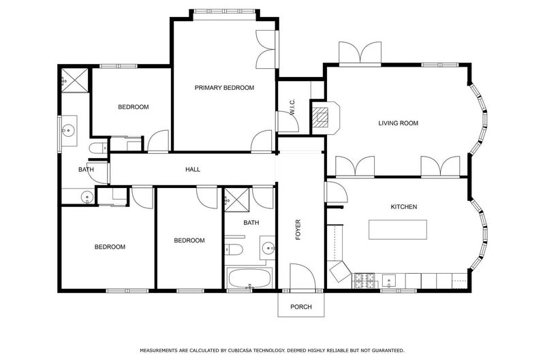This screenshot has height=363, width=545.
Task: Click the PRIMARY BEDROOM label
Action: point(224,88)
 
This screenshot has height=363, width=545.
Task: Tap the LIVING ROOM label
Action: point(398,123)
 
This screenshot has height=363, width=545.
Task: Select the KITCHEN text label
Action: point(403,206)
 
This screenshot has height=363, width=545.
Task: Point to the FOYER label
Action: point(298,230)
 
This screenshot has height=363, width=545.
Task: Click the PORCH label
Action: point(301,306)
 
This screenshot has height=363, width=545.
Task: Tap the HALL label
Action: point(193,169)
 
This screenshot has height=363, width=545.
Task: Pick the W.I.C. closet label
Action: point(292,108)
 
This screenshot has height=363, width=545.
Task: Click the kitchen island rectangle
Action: point(398,230)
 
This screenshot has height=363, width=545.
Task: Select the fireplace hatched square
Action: point(320,116)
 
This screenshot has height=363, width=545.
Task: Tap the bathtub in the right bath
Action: point(249,278)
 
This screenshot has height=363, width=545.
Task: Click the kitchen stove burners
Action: point(364,281)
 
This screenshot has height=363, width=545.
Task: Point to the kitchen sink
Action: point(388,281)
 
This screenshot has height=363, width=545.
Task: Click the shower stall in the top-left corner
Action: point(75,80)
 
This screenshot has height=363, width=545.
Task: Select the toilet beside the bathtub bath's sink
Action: point(232,249)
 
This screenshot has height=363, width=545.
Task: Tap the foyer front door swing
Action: point(302,276)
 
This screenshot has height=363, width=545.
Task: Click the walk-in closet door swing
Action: point(287,121)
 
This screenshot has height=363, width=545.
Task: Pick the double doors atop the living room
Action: point(360,54)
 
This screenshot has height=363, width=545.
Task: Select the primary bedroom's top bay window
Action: point(225,12)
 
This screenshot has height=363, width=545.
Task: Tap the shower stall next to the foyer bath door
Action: point(236,200)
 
